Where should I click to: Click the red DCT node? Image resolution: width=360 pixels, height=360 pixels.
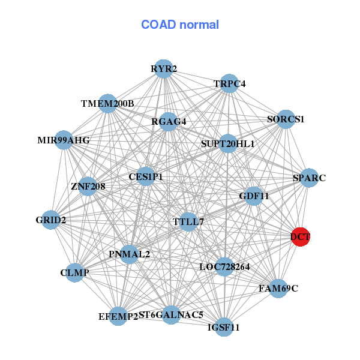[300, 237]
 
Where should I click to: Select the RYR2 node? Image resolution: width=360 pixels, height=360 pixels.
[164, 69]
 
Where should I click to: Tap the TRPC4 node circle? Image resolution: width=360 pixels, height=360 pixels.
[229, 84]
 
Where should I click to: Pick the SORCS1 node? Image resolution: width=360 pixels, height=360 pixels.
[286, 119]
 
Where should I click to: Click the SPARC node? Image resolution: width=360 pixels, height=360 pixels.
[309, 178]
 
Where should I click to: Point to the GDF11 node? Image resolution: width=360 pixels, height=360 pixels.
[254, 196]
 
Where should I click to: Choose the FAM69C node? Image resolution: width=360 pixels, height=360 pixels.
[278, 289]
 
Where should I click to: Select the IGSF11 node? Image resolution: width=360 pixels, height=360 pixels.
[224, 327]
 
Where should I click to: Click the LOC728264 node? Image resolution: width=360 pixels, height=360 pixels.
[224, 266]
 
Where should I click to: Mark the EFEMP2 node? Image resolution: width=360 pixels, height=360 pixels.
[118, 316]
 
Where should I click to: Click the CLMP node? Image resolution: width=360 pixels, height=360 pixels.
[75, 273]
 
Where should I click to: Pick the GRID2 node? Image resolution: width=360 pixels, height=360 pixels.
[51, 220]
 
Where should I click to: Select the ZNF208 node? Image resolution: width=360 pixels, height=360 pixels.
[88, 186]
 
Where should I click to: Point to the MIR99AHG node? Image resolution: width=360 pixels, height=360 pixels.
[64, 140]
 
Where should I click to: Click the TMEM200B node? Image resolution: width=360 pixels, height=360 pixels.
[107, 104]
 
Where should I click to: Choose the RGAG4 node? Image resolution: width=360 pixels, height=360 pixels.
[169, 122]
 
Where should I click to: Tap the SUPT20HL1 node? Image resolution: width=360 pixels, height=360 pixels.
[227, 144]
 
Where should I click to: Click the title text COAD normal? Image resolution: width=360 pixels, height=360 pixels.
[180, 25]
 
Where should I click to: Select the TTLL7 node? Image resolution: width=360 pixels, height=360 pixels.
[188, 222]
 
